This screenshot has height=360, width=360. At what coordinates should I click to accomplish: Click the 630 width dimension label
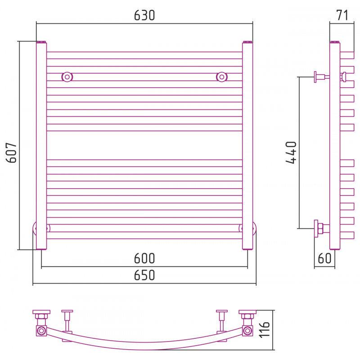[x=144, y=15]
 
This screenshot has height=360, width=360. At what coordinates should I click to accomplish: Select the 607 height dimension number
[x=12, y=153]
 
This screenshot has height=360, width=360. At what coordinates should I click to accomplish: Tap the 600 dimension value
[x=144, y=258]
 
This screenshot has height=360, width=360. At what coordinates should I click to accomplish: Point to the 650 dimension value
[x=144, y=275]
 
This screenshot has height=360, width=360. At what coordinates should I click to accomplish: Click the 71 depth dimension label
[x=342, y=15]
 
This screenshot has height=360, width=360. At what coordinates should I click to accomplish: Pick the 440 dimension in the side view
[x=291, y=153]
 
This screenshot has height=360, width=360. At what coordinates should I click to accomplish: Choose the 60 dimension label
[x=324, y=258]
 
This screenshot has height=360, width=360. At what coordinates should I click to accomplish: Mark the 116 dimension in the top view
[x=264, y=330]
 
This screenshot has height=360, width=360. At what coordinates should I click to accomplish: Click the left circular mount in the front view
[x=67, y=77]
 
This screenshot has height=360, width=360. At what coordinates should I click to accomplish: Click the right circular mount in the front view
[x=221, y=77]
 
